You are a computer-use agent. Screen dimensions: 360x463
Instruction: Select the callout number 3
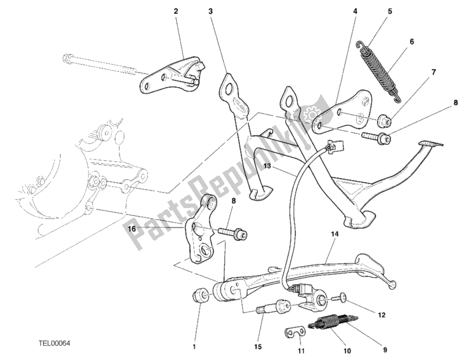pos(211,11)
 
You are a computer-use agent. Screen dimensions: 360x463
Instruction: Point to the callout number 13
pos(268,166)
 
